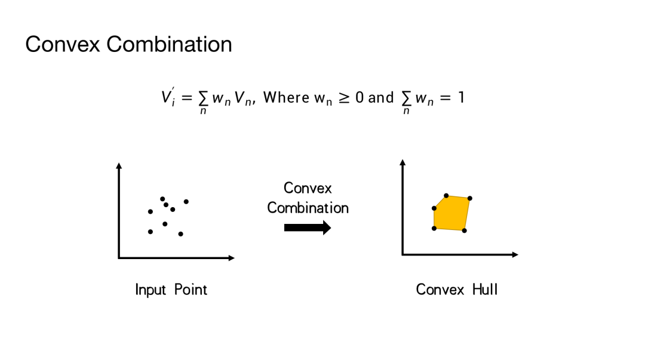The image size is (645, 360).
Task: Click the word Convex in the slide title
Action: pos(63,45)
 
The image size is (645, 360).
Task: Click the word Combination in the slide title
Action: pos(167,45)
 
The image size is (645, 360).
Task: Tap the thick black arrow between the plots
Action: pos(307,227)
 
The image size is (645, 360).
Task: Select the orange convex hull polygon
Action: pos(452,213)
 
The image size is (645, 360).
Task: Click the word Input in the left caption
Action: pos(150,290)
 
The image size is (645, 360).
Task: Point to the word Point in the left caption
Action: pos(191,290)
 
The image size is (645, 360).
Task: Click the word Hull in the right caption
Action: pos(484,290)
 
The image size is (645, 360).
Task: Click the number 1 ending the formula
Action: pos(460,97)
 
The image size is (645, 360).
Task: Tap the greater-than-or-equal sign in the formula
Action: pos(344,97)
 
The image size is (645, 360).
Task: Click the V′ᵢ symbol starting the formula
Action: pos(167,97)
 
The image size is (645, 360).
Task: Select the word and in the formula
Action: pos(381,97)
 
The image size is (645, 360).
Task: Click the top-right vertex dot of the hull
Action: pos(470,198)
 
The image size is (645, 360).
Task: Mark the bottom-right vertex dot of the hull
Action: pos(464,230)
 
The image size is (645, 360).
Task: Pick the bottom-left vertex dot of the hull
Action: pos(434,228)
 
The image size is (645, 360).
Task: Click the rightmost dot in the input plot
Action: pos(186,202)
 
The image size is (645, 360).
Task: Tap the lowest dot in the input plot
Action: pos(180,234)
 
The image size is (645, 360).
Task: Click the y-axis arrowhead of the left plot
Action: pos(119,165)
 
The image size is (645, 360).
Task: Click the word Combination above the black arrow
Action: pos(308,208)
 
